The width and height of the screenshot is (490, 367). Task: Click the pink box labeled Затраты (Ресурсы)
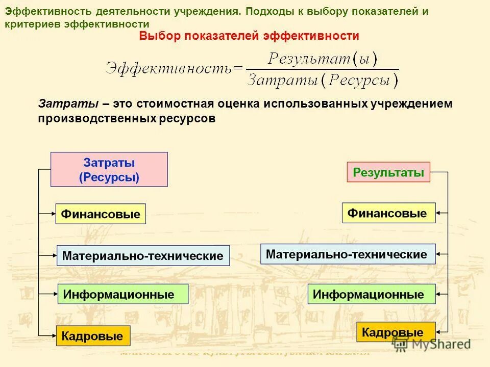109,170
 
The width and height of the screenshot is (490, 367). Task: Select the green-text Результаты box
388,172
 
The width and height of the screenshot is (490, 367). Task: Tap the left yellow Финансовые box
101,214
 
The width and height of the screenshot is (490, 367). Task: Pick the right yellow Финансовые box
388,213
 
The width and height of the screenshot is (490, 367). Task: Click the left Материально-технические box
143,255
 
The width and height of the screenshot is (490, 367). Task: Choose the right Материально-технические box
348,254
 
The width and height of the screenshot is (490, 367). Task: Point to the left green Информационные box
122,294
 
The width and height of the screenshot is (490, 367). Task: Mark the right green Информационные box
372,294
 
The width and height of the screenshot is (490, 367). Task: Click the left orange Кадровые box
93,336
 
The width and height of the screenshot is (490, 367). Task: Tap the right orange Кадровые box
396,332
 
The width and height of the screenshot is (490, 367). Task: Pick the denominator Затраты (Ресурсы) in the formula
323,80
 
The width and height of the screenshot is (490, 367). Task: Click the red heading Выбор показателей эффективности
249,36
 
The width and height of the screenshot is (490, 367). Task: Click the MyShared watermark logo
431,344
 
